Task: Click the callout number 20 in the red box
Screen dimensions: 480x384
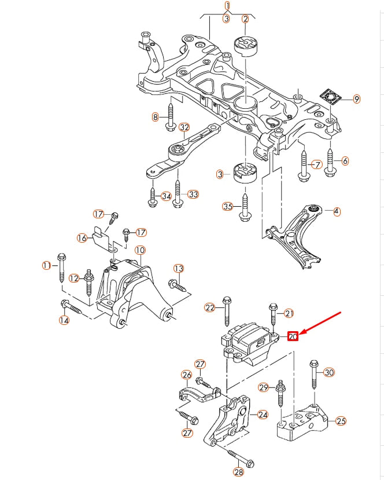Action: (x=293, y=336)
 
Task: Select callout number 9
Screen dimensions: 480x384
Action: (x=357, y=99)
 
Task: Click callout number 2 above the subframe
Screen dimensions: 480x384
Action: (x=245, y=19)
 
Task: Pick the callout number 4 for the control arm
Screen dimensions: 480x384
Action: (x=337, y=212)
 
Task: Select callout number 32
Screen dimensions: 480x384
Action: (x=184, y=127)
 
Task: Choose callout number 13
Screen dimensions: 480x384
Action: (x=179, y=268)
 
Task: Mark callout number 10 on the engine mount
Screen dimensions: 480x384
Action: (x=140, y=250)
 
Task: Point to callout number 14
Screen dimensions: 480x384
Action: (x=64, y=320)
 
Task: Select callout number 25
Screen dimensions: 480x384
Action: (x=341, y=421)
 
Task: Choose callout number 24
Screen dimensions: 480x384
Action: (x=263, y=415)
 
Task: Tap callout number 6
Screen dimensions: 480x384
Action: (x=345, y=160)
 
